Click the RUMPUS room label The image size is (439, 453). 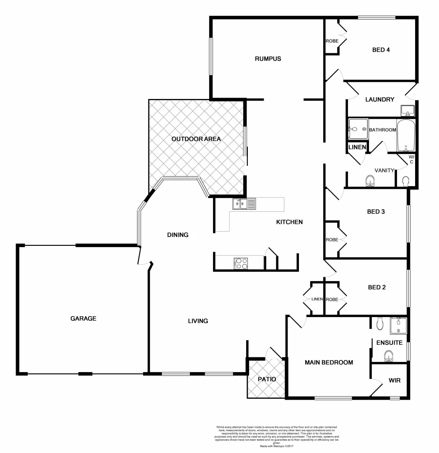coord(268,59)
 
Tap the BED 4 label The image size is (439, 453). coord(381,50)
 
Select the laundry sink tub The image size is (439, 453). coord(408,111)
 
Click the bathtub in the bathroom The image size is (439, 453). coord(406,136)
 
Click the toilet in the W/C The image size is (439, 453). coord(405,181)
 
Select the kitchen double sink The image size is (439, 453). coord(244,204)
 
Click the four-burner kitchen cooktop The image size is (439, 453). coord(242,263)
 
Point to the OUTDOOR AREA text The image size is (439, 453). coord(196,139)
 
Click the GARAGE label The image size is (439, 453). coord(83,318)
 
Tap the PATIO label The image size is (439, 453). coord(267,379)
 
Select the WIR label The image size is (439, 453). coord(395,381)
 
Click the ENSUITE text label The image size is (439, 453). coord(389,343)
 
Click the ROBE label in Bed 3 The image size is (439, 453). coord(332,240)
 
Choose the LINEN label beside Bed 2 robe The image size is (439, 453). coord(317,299)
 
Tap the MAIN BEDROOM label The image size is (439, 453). coord(329,362)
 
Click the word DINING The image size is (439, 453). coord(178,235)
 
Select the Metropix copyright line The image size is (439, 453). coord(276,445)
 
